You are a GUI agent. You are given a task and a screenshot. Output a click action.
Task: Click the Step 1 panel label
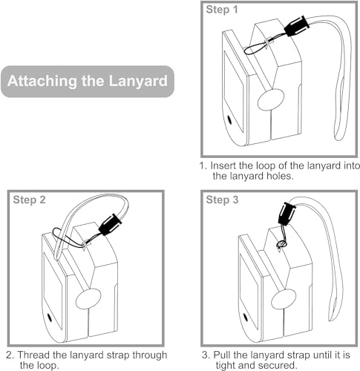[222, 10]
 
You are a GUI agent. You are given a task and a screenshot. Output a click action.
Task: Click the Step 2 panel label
[29, 200]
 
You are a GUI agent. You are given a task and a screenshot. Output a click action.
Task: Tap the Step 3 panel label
[222, 200]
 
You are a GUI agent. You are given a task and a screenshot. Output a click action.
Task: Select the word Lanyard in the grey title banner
[138, 81]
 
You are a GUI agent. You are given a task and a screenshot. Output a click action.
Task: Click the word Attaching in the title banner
[42, 81]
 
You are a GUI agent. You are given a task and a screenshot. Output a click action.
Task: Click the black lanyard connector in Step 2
[110, 225]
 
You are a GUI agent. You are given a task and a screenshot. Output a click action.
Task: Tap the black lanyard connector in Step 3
[286, 213]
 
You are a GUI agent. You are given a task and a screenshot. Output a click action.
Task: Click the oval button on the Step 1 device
[271, 99]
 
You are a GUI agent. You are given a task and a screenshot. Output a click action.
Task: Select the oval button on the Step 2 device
[88, 299]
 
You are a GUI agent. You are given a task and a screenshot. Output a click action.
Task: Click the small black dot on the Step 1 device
[229, 120]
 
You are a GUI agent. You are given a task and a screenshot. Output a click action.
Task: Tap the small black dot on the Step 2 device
[50, 318]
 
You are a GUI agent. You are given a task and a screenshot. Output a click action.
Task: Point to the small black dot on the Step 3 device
[246, 317]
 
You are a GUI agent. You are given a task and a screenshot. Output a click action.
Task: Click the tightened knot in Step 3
[281, 245]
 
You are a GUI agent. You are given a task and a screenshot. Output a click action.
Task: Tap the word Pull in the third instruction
[222, 355]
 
